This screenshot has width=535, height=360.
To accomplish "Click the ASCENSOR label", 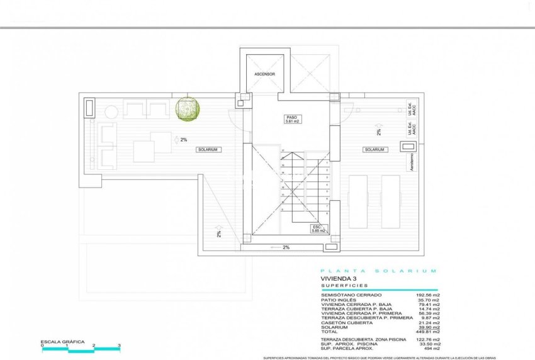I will coord(265,74).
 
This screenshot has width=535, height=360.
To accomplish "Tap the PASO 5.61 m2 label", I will coord(291,120).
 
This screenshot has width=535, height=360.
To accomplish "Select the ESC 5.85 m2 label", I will coord(317,229).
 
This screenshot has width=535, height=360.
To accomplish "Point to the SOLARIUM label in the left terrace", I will coord(207,150).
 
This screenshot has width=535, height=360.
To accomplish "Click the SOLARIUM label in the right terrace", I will coord(374,150).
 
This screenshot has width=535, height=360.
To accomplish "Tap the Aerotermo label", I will coord(412,163).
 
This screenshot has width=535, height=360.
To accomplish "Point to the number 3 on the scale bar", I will coord(120,346).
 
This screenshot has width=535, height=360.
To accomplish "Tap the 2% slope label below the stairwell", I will coord(286,247).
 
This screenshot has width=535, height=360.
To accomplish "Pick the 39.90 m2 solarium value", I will coord(427,327).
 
